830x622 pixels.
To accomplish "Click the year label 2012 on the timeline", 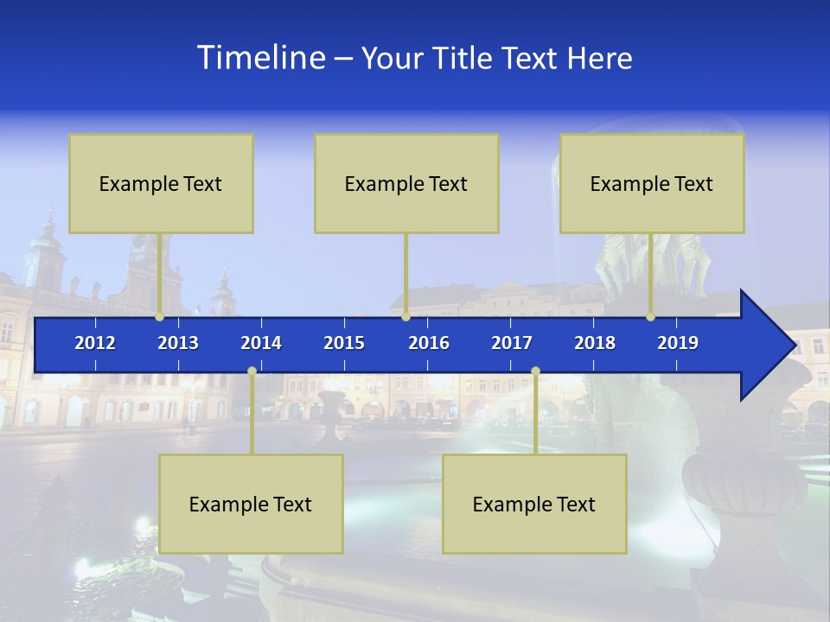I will [x=95, y=343].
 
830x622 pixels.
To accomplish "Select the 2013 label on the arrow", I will [x=178, y=343].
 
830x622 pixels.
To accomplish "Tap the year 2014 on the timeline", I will [x=261, y=343].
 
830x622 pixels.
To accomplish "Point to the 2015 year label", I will [x=344, y=343].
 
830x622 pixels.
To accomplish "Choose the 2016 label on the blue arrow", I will [x=429, y=343].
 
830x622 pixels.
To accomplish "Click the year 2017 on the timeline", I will [x=512, y=343].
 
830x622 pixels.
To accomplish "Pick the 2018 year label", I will [x=595, y=343].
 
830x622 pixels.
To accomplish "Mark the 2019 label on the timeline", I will [x=678, y=343].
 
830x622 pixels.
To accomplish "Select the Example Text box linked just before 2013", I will [x=161, y=183].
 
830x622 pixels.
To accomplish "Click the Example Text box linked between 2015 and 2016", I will [x=406, y=183].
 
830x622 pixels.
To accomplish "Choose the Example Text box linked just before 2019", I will [x=652, y=183].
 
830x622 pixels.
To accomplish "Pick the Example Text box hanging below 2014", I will [x=251, y=504].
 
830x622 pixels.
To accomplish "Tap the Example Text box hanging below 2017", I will [x=534, y=504].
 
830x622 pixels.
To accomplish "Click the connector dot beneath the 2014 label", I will [x=252, y=371].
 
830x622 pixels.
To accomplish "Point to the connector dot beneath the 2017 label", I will [x=535, y=371].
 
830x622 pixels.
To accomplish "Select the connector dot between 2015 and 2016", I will [x=405, y=317].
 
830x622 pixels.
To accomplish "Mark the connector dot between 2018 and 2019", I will [x=651, y=317].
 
